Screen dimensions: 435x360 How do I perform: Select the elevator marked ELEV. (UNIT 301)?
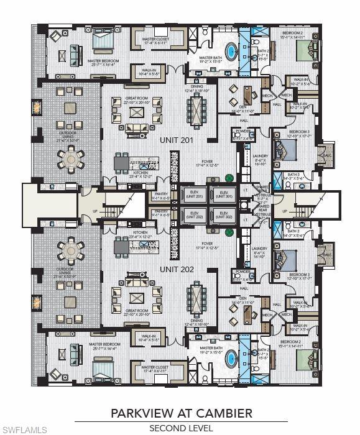(221, 194)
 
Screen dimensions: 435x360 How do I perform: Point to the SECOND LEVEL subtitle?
(180, 428)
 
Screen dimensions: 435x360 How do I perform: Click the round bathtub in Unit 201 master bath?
(231, 50)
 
